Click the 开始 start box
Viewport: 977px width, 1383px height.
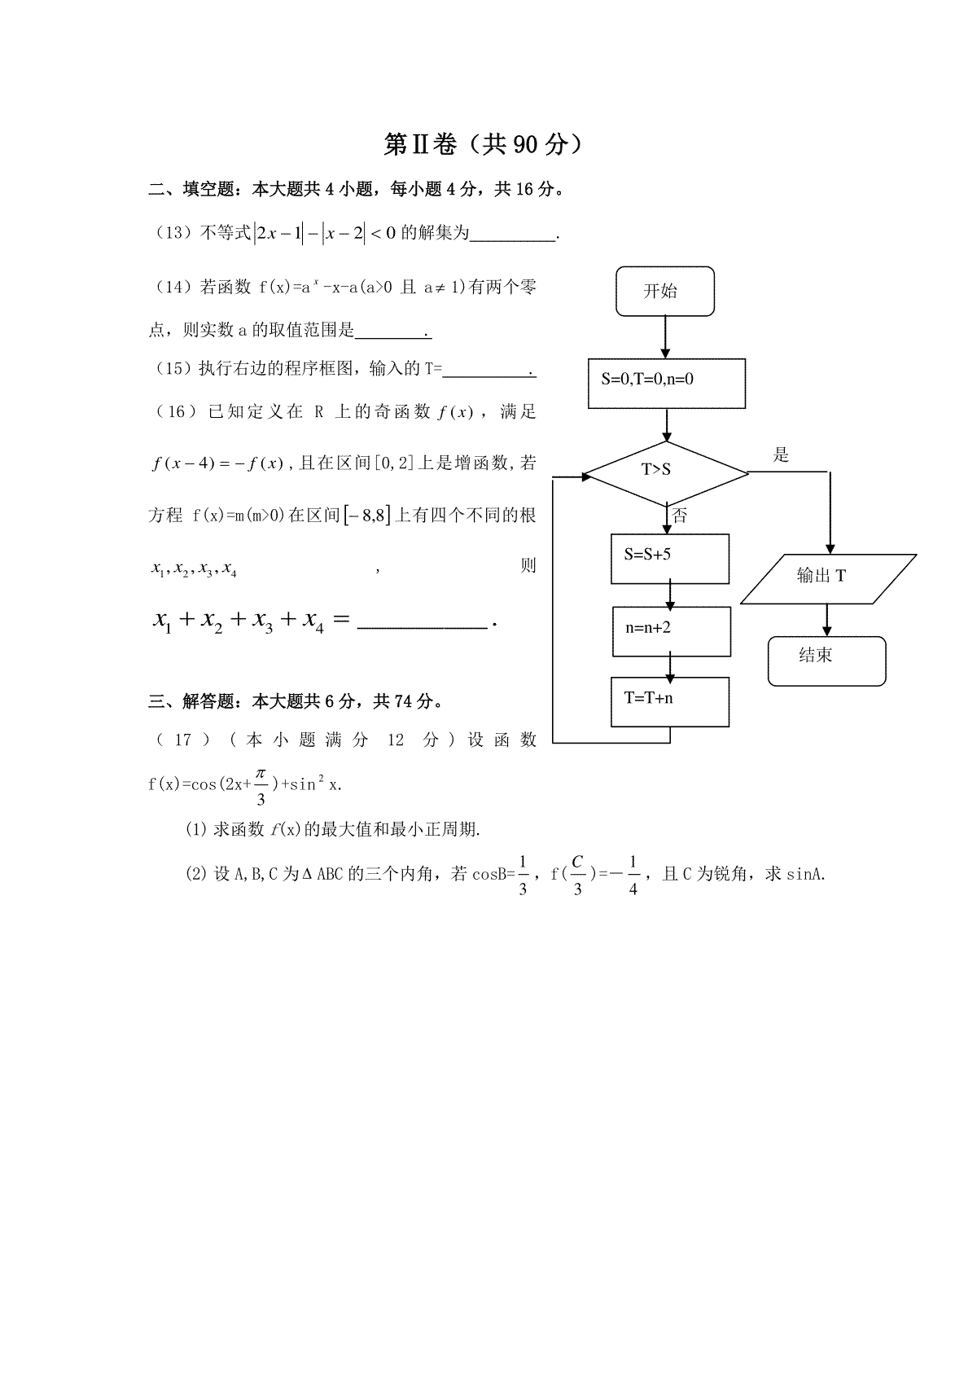click(x=664, y=292)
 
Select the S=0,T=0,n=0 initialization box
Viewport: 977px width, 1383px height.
click(x=667, y=384)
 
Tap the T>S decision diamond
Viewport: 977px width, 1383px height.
click(x=665, y=473)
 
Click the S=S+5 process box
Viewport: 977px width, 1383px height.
click(x=669, y=559)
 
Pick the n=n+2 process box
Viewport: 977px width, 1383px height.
click(x=672, y=631)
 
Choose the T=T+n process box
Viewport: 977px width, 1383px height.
click(x=669, y=702)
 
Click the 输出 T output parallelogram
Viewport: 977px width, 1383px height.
click(x=828, y=579)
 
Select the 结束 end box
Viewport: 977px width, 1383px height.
click(x=827, y=661)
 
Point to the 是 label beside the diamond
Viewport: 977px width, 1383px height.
click(x=781, y=455)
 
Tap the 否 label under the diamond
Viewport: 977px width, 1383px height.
click(x=680, y=516)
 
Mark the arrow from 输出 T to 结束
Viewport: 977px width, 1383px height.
click(x=827, y=621)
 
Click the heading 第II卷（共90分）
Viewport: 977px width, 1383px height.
click(x=482, y=144)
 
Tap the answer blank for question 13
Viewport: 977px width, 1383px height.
click(x=513, y=239)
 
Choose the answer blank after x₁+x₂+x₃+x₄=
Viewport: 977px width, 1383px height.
click(x=423, y=627)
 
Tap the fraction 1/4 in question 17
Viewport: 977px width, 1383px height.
click(x=633, y=876)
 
